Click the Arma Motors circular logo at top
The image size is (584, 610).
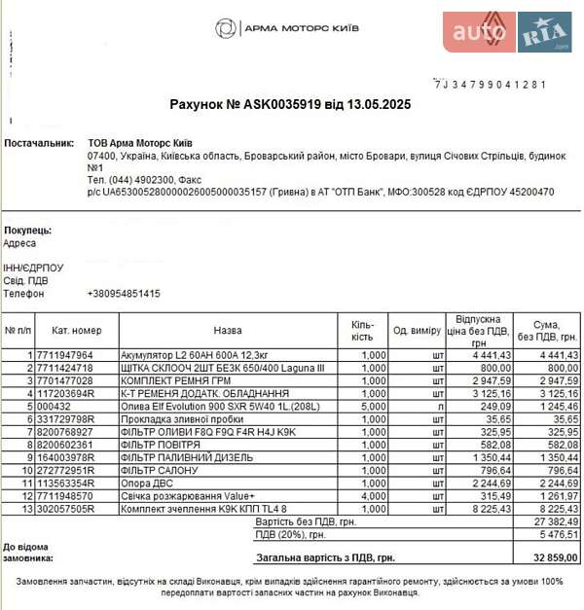click(225, 28)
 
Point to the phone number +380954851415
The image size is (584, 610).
click(124, 294)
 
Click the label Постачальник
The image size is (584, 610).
click(39, 142)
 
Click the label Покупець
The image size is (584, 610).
click(28, 230)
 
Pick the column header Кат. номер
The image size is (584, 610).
click(77, 331)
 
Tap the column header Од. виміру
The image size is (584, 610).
click(418, 331)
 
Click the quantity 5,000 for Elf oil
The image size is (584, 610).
click(373, 407)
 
